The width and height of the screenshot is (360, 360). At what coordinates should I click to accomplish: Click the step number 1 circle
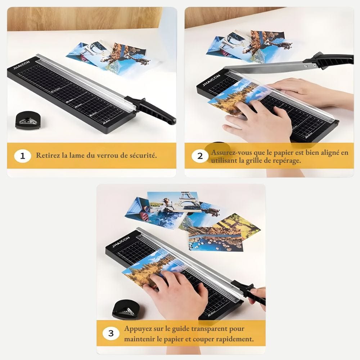click(x=22, y=156)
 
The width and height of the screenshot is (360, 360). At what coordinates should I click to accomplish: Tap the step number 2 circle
click(x=200, y=156)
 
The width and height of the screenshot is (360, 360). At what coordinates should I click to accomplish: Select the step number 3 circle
click(x=111, y=333)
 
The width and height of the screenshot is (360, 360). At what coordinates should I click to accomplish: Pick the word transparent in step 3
click(x=209, y=329)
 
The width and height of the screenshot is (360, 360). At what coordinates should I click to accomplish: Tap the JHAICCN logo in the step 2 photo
click(x=211, y=80)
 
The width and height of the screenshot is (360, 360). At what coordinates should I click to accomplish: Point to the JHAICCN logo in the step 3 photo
click(x=121, y=242)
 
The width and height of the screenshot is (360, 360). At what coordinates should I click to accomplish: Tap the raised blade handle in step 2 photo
click(x=329, y=60)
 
